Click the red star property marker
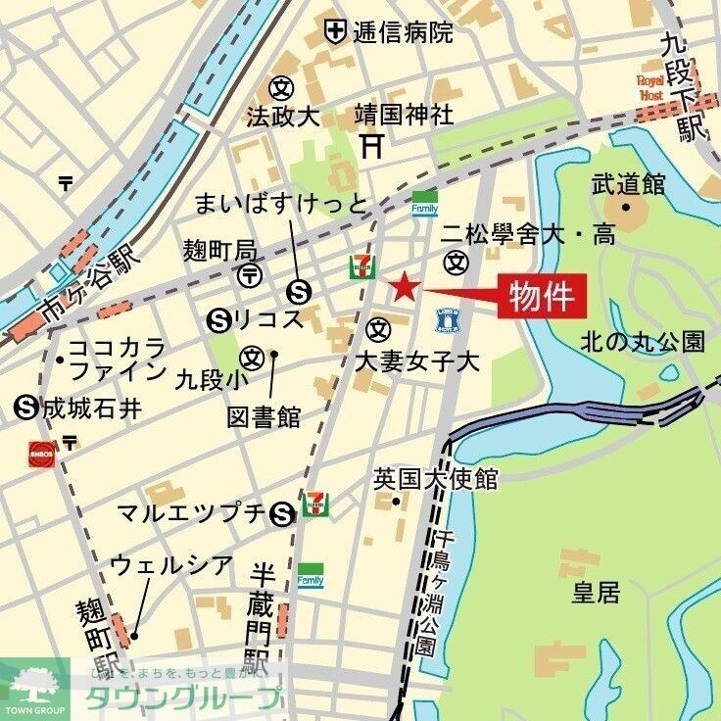[x=405, y=288]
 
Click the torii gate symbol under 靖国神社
[x=371, y=146]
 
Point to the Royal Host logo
[x=650, y=87]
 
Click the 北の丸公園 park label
[x=643, y=342]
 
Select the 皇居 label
[x=596, y=593]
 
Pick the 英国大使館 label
[x=436, y=479]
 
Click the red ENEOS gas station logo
[x=42, y=454]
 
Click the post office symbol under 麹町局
[x=250, y=274]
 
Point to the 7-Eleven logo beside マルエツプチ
[x=315, y=504]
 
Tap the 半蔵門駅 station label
[x=261, y=613]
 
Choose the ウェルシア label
[x=171, y=565]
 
